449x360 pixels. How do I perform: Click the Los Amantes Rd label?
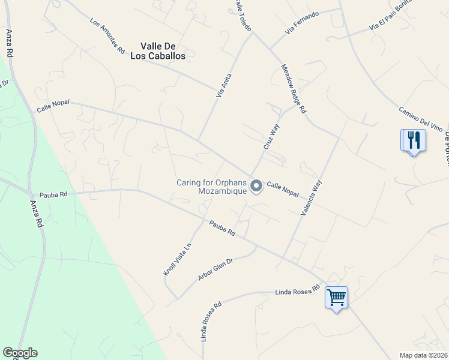(107, 35)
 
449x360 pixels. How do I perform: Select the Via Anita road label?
(223, 86)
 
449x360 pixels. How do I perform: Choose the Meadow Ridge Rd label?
(294, 89)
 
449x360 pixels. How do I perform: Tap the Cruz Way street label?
(272, 137)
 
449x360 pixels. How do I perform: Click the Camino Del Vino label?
(421, 118)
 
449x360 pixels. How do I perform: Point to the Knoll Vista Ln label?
(177, 259)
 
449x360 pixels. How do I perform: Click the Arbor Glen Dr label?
(215, 269)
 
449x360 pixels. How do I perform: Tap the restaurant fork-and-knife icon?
(413, 140)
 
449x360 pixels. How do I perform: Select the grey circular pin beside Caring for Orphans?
(256, 187)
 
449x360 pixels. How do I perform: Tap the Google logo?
(20, 353)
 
